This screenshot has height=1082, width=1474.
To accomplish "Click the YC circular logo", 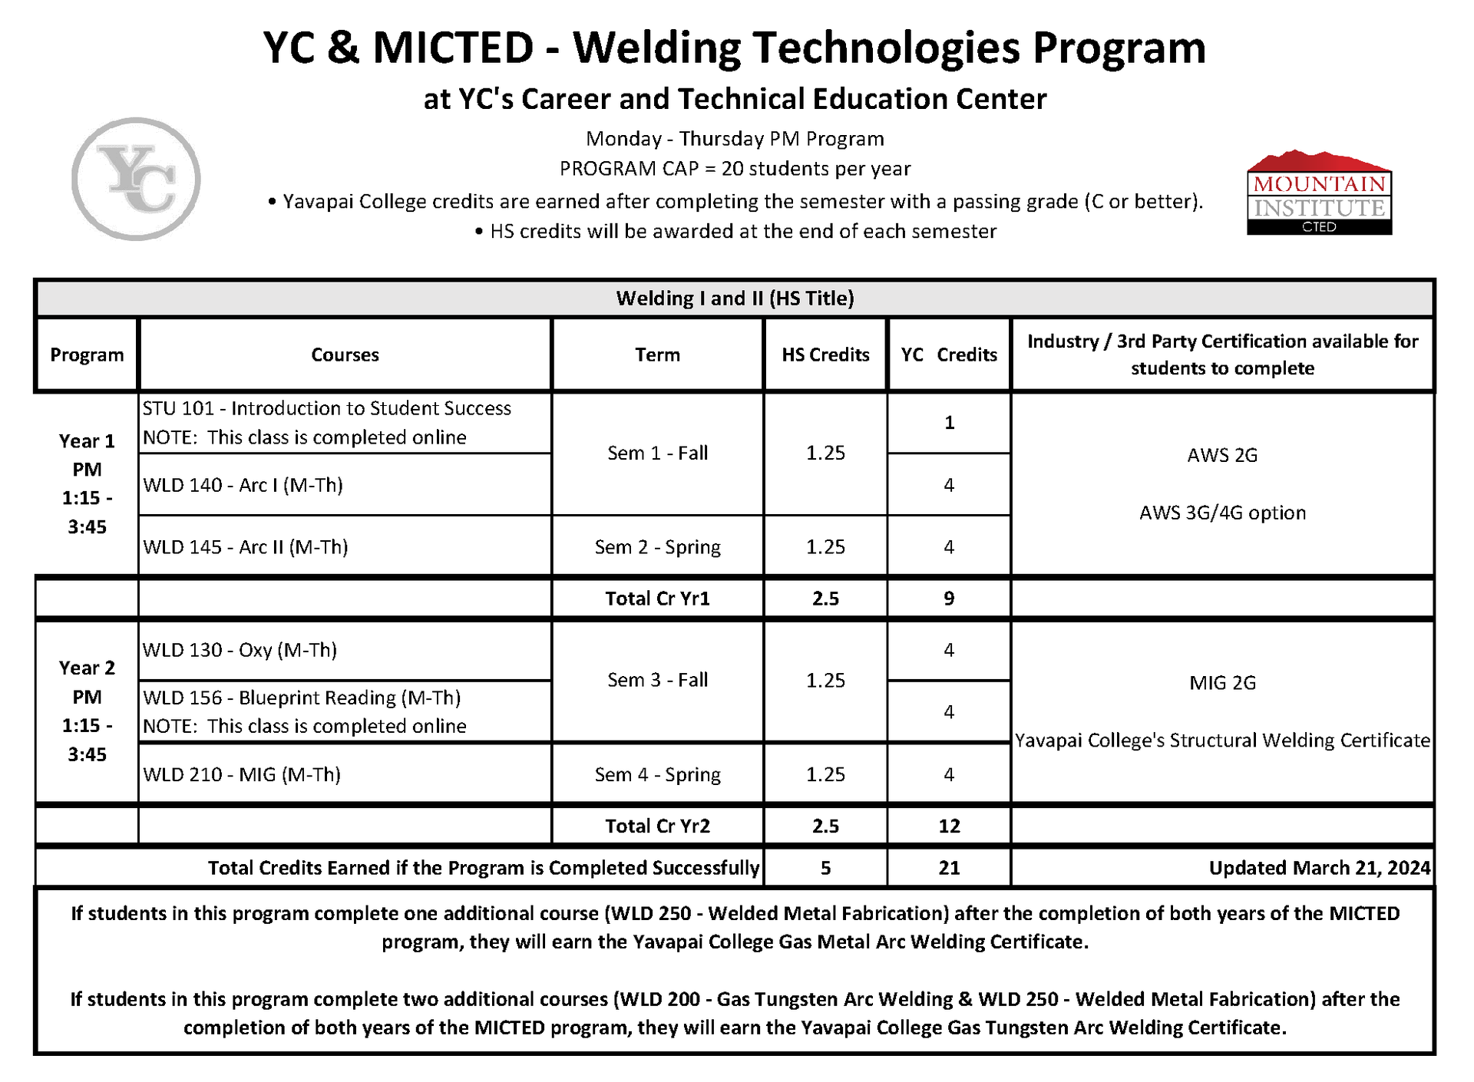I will pyautogui.click(x=136, y=179).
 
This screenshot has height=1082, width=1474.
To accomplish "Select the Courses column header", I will pyautogui.click(x=345, y=355).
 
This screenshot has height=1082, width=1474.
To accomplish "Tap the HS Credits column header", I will pyautogui.click(x=825, y=355).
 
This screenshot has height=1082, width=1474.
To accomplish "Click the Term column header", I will pyautogui.click(x=657, y=355).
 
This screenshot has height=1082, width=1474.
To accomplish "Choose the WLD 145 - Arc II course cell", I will pyautogui.click(x=246, y=547).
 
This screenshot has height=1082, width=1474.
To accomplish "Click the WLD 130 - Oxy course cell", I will pyautogui.click(x=240, y=650).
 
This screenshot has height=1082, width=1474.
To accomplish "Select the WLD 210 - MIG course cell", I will pyautogui.click(x=242, y=774).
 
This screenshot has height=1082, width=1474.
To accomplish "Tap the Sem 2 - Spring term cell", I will pyautogui.click(x=657, y=547).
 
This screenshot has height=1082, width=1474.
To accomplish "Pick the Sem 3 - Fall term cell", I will pyautogui.click(x=657, y=680).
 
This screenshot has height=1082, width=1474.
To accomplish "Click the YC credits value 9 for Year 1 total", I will pyautogui.click(x=949, y=599).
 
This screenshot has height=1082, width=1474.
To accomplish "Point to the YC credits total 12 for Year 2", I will pyautogui.click(x=949, y=826).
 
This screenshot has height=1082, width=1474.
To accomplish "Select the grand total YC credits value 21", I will pyautogui.click(x=949, y=868).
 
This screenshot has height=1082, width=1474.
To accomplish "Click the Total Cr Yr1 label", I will pyautogui.click(x=657, y=599).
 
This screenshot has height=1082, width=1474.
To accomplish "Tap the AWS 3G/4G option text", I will pyautogui.click(x=1222, y=513).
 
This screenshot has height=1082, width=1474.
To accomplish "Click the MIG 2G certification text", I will pyautogui.click(x=1222, y=683).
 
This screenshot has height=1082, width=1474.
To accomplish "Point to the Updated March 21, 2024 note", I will pyautogui.click(x=1319, y=868).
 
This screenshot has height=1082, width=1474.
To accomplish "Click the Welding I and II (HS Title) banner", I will pyautogui.click(x=735, y=299).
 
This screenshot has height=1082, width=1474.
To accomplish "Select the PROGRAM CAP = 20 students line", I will pyautogui.click(x=735, y=169).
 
